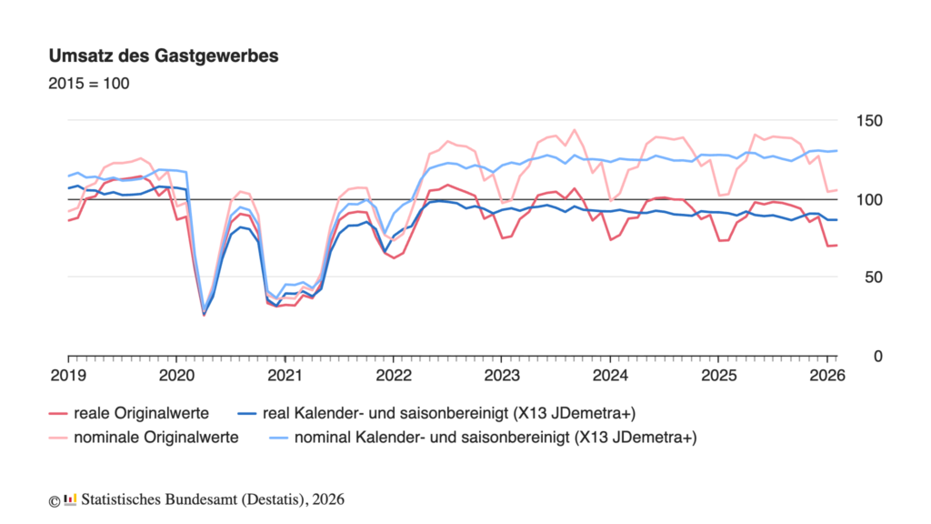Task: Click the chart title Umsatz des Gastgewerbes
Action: pyautogui.click(x=164, y=55)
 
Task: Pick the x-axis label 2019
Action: pyautogui.click(x=67, y=375)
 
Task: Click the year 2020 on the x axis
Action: pyautogui.click(x=175, y=375)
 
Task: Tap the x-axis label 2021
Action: pyautogui.click(x=285, y=375)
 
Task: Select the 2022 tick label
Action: pyautogui.click(x=393, y=375)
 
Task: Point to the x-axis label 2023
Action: pyautogui.click(x=502, y=375)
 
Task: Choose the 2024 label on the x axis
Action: pyautogui.click(x=611, y=375)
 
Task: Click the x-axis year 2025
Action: pyautogui.click(x=718, y=375)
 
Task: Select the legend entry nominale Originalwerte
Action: pyautogui.click(x=155, y=437)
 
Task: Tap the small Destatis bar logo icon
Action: pyautogui.click(x=71, y=499)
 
